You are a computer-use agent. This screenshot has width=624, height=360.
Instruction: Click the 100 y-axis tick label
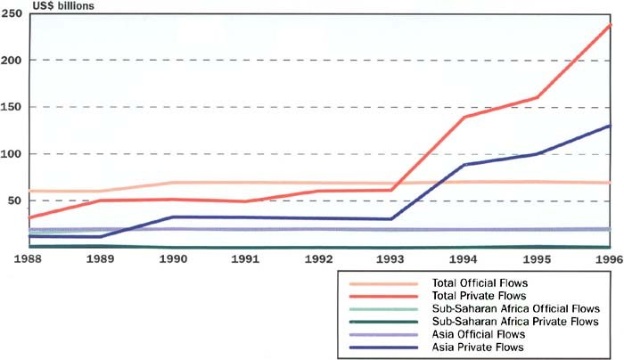click(x=11, y=154)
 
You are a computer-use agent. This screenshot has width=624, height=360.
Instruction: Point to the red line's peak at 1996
click(x=609, y=25)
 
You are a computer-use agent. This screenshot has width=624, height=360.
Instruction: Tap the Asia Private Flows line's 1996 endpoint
click(x=609, y=126)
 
